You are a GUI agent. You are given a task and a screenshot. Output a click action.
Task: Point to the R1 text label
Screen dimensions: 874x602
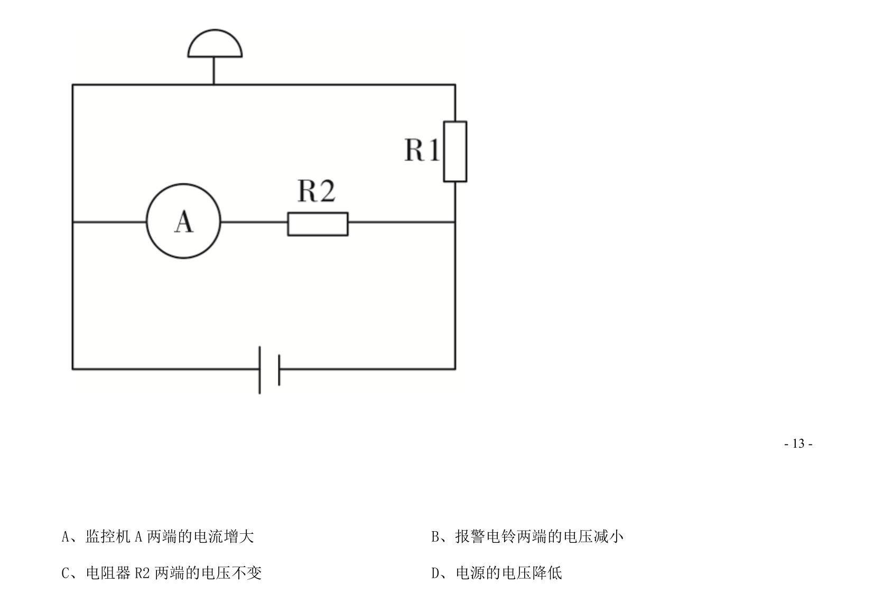click(x=422, y=150)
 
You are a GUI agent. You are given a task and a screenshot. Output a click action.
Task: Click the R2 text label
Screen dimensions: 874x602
click(x=317, y=191)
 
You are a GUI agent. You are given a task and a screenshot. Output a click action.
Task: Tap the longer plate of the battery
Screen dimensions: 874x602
click(x=260, y=370)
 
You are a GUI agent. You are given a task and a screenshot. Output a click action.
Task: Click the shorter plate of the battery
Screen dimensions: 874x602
click(x=279, y=370)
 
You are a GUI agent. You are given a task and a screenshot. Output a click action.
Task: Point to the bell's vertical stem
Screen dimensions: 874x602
click(x=213, y=71)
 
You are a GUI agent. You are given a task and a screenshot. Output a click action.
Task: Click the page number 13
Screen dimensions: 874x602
click(x=798, y=443)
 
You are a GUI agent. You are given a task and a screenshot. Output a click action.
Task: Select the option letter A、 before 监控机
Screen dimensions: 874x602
click(x=70, y=537)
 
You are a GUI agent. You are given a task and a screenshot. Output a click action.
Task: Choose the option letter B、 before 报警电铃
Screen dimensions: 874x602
click(x=440, y=537)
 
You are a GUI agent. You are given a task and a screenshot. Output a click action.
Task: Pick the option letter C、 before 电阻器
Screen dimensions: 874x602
click(x=70, y=573)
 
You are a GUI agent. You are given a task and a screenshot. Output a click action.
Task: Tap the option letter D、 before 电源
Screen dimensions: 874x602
click(x=440, y=573)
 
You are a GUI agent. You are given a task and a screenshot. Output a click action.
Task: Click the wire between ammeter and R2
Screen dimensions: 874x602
click(x=254, y=223)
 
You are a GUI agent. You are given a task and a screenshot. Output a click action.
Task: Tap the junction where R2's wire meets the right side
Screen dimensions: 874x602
click(x=455, y=223)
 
